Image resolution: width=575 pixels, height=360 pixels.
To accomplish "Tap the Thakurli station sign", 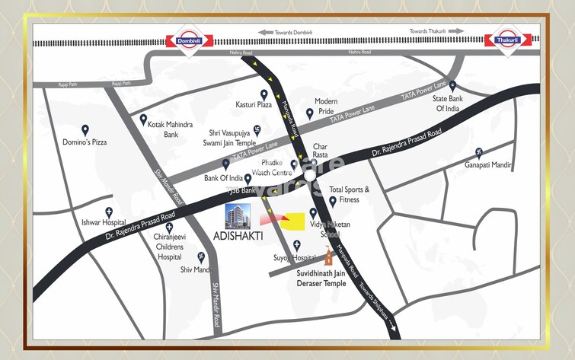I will pyautogui.click(x=506, y=40).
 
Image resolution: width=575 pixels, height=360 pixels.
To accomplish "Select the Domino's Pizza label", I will pyautogui.click(x=85, y=143).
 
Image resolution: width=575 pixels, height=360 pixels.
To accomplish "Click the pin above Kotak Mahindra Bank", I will pyautogui.click(x=143, y=119).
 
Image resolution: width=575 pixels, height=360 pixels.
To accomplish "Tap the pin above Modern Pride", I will pyautogui.click(x=309, y=113).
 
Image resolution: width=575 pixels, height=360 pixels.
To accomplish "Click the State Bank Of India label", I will pyautogui.click(x=452, y=104).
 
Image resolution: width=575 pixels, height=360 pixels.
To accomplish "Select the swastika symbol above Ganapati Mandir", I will pyautogui.click(x=479, y=151).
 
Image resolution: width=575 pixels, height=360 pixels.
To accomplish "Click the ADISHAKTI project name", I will pyautogui.click(x=237, y=236).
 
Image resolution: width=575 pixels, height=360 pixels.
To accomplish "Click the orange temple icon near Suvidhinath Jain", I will pyautogui.click(x=330, y=257).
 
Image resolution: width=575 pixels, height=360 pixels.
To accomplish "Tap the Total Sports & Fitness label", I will pyautogui.click(x=349, y=194).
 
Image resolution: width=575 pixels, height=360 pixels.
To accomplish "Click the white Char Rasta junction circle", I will pyautogui.click(x=310, y=175).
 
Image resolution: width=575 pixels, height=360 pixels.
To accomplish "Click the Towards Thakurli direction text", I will pyautogui.click(x=429, y=31).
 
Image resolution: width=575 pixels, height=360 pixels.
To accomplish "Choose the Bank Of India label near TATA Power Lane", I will pyautogui.click(x=223, y=178).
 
